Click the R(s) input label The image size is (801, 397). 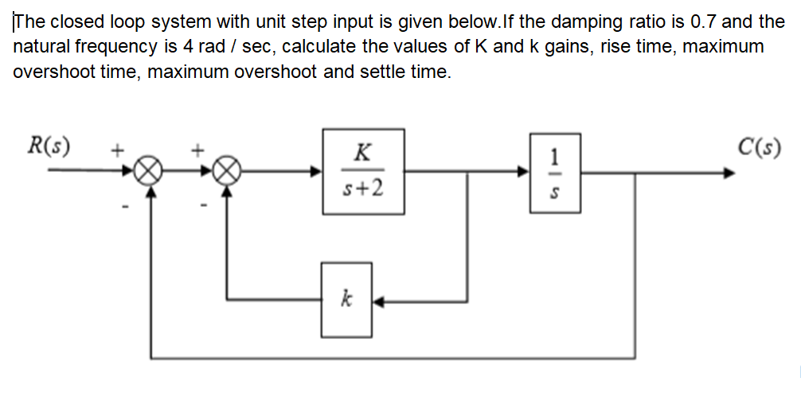pos(49,146)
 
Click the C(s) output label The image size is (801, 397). pos(758,146)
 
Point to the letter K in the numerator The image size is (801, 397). pos(363,151)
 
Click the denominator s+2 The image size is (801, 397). pos(363,190)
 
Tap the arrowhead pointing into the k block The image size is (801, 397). pos(377,301)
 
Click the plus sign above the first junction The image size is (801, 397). pos(117,148)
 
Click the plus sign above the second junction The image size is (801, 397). pos(198,148)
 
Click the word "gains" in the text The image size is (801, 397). pos(568,46)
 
